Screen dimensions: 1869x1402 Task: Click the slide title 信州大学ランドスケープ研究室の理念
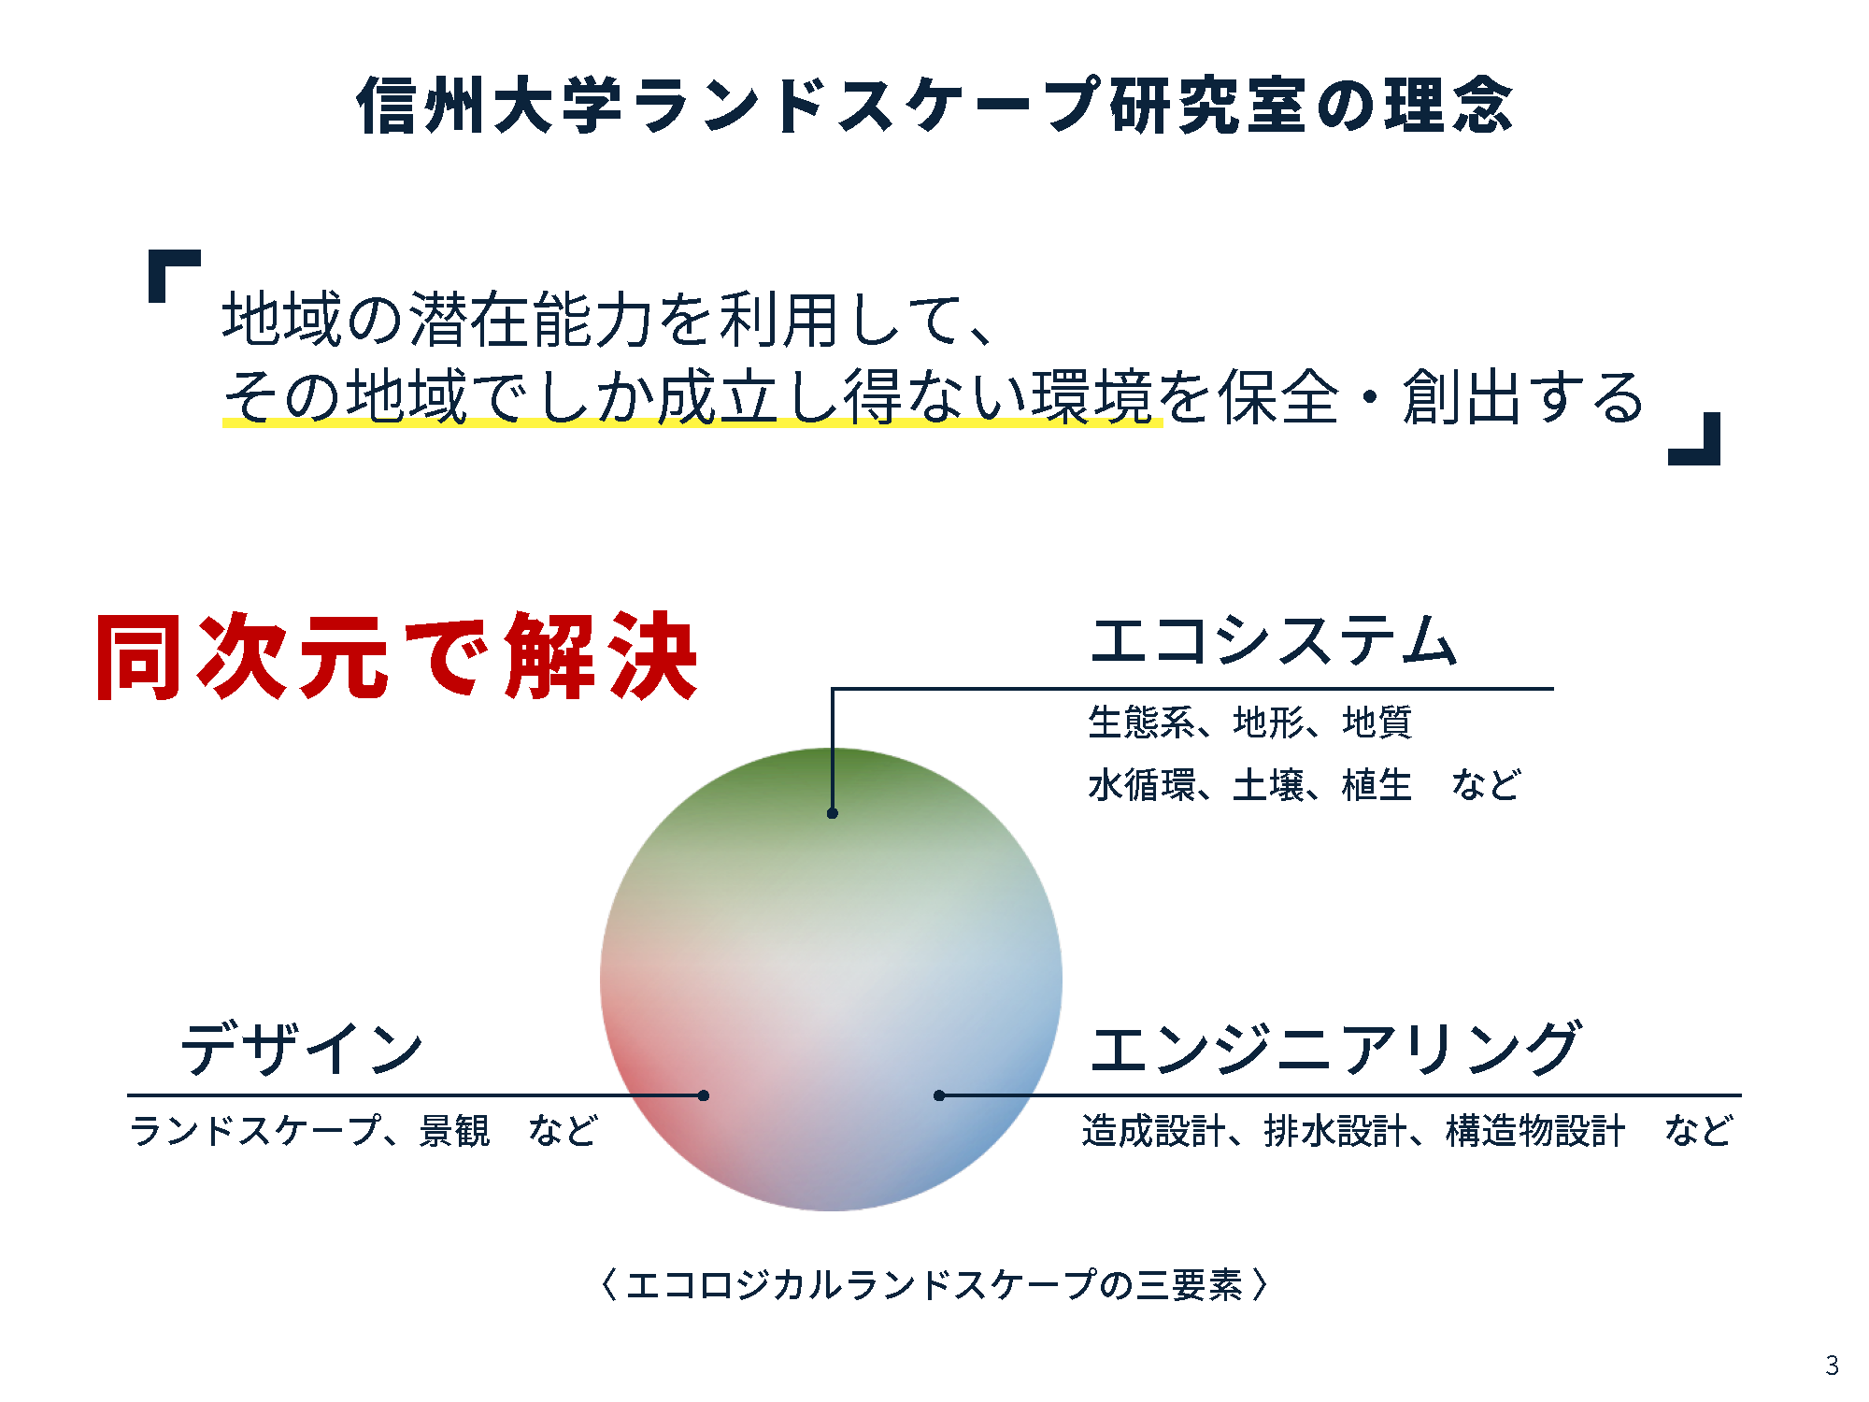pyautogui.click(x=934, y=105)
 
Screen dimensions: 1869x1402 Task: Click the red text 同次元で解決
pyautogui.click(x=396, y=656)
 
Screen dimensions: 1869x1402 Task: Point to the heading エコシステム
pyautogui.click(x=1273, y=640)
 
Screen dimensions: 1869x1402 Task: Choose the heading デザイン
pyautogui.click(x=302, y=1048)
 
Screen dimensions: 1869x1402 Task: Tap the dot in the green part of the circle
pyautogui.click(x=832, y=813)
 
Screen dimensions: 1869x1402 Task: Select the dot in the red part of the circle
pyautogui.click(x=704, y=1095)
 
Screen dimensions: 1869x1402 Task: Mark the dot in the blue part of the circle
pyautogui.click(x=939, y=1095)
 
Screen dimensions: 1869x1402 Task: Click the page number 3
pyautogui.click(x=1832, y=1366)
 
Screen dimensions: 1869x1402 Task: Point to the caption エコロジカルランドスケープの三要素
pyautogui.click(x=934, y=1284)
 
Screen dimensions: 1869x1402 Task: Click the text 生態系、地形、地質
pyautogui.click(x=1249, y=722)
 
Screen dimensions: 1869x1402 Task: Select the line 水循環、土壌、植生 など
pyautogui.click(x=1305, y=784)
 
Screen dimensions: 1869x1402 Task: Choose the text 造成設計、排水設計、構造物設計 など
pyautogui.click(x=1407, y=1130)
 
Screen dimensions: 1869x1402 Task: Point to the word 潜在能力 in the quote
pyautogui.click(x=531, y=319)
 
